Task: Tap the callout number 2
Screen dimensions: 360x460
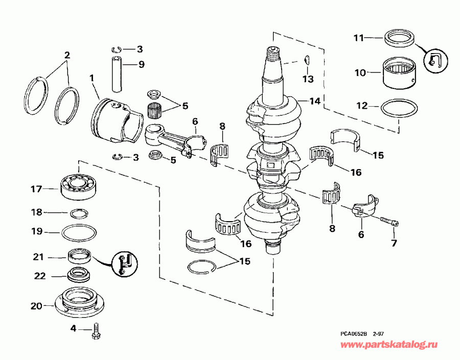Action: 66,55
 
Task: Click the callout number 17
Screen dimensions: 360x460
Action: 36,189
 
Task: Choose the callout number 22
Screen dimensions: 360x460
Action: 40,276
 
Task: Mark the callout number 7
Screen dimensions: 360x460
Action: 394,243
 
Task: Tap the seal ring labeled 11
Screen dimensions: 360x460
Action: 401,37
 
